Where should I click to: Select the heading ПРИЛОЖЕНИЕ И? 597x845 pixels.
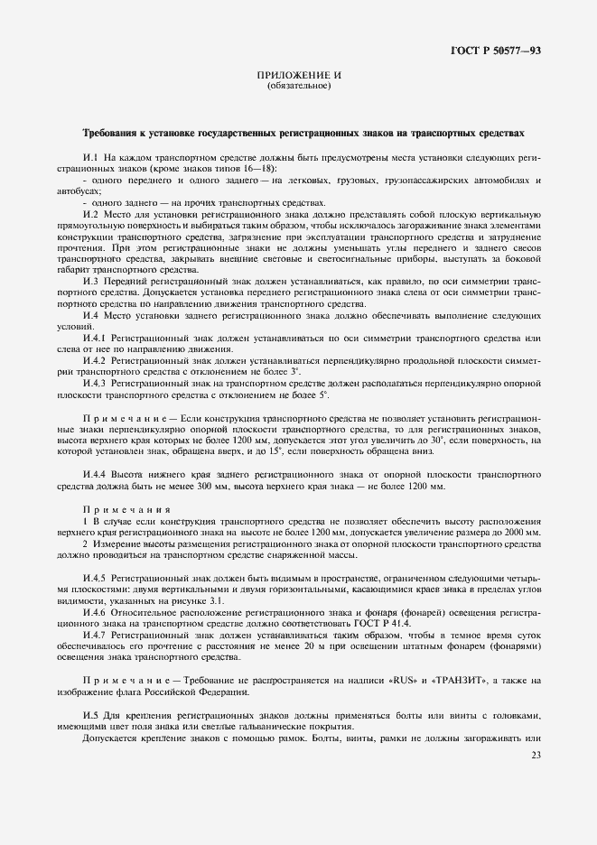click(299, 75)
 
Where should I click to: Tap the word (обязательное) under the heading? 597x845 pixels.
click(299, 86)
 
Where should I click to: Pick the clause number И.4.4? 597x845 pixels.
click(97, 475)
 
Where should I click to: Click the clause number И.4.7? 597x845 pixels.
click(97, 635)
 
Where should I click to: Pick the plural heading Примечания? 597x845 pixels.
click(117, 511)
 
